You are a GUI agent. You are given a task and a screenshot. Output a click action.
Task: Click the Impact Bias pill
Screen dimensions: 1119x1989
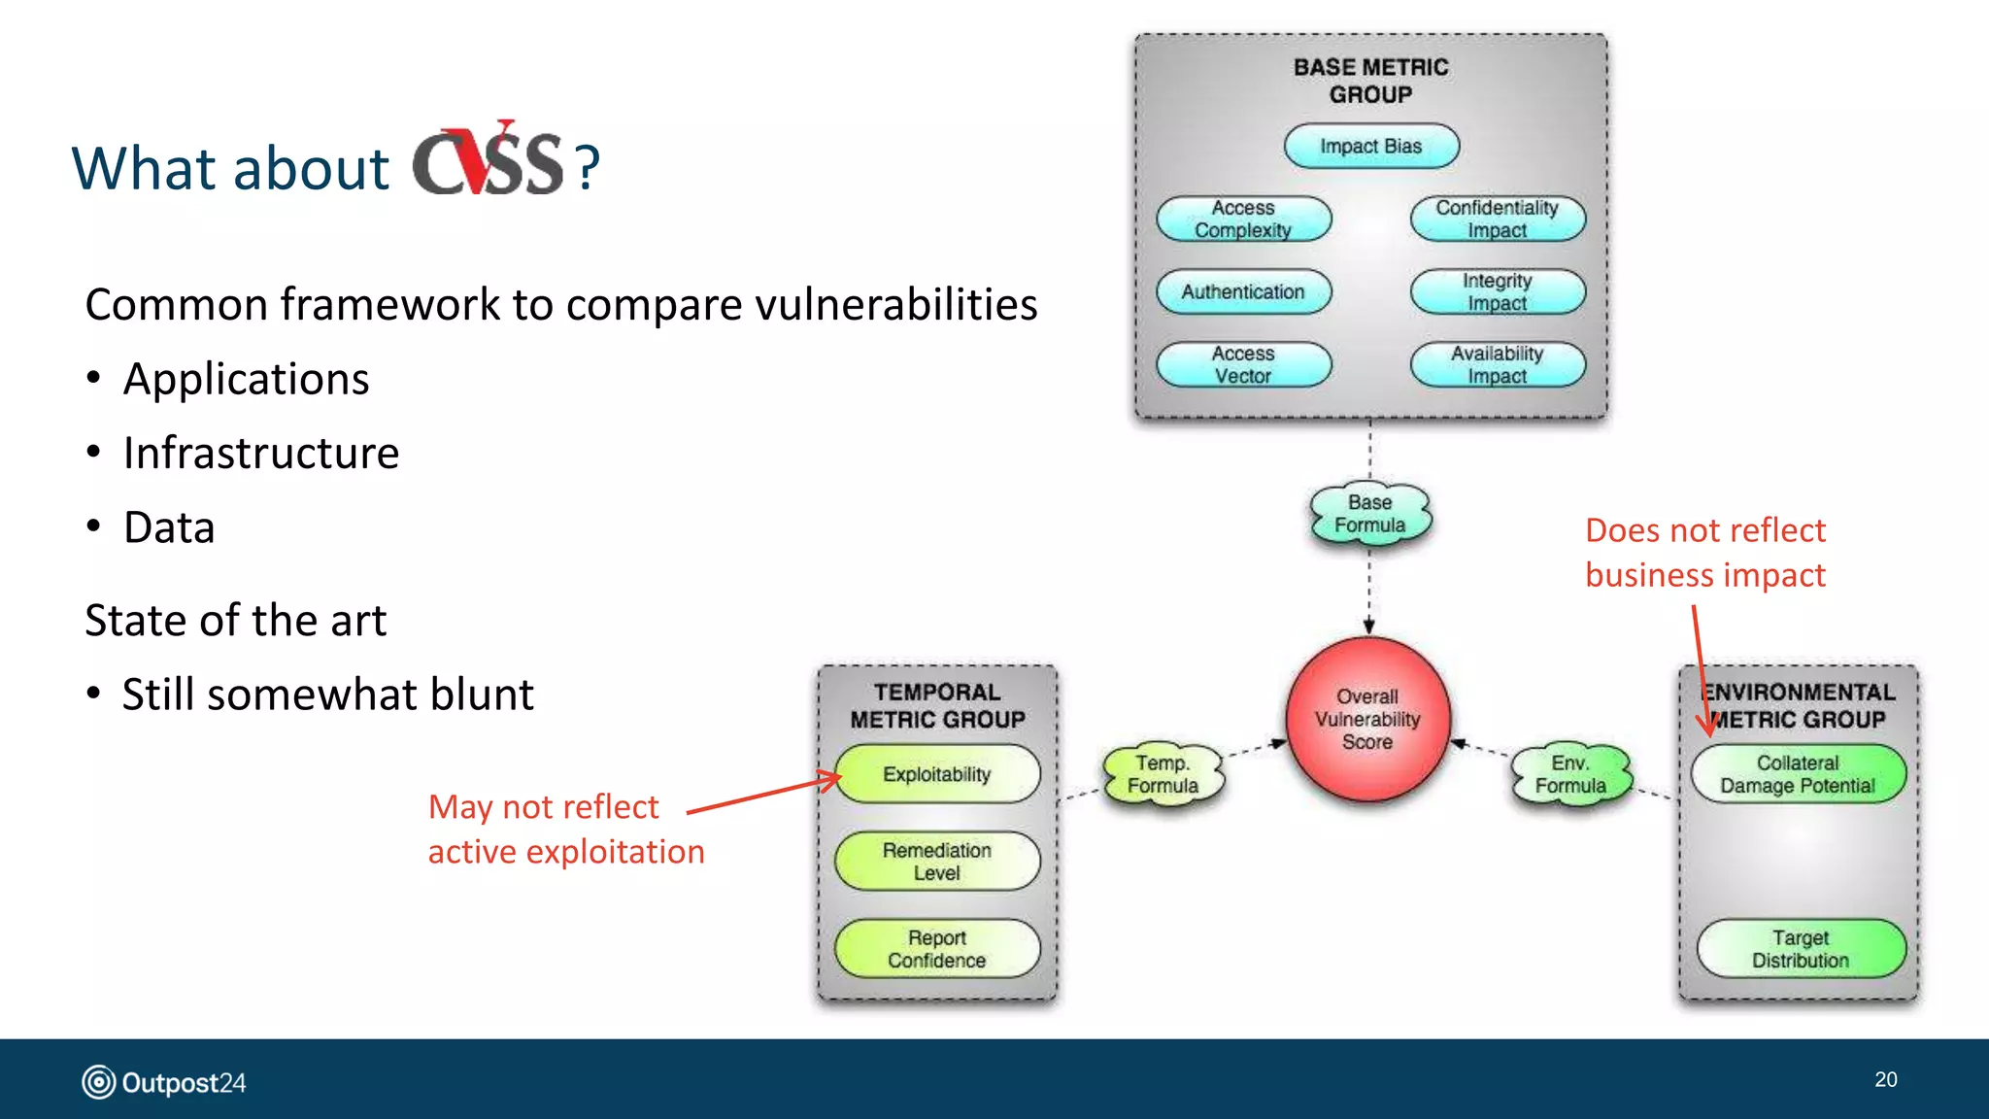pyautogui.click(x=1370, y=147)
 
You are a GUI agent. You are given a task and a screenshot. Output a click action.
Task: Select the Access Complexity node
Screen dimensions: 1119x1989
pyautogui.click(x=1243, y=220)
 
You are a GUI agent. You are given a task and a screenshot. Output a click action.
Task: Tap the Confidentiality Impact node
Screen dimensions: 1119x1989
pyautogui.click(x=1497, y=220)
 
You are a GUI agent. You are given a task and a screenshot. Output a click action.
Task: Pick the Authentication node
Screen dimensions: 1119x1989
pyautogui.click(x=1243, y=292)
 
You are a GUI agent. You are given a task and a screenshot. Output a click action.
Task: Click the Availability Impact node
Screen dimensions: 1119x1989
pyautogui.click(x=1497, y=365)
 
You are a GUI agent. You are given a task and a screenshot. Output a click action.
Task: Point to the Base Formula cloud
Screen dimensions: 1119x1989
pyautogui.click(x=1369, y=515)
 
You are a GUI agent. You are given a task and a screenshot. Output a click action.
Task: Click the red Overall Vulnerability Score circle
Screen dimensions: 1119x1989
pyautogui.click(x=1367, y=720)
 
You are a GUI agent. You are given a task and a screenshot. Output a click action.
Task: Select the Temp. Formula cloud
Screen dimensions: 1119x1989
pyautogui.click(x=1163, y=775)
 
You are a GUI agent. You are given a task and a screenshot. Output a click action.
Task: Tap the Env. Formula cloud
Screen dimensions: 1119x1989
pyautogui.click(x=1570, y=775)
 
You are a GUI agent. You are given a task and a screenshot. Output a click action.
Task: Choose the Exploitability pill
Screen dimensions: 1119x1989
pyautogui.click(x=937, y=775)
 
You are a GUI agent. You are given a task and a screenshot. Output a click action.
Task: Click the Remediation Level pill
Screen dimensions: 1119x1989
pyautogui.click(x=937, y=862)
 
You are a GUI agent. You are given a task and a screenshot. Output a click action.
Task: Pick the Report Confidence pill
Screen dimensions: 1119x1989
pyautogui.click(x=937, y=949)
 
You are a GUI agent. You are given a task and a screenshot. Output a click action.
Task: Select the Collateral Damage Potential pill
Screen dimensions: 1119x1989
pyautogui.click(x=1798, y=775)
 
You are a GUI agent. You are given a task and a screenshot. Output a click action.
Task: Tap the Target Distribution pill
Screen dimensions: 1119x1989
pyautogui.click(x=1801, y=949)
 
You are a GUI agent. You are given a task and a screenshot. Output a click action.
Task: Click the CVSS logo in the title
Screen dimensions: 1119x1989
pyautogui.click(x=488, y=161)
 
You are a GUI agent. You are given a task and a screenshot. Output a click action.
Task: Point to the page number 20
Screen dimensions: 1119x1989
pyautogui.click(x=1885, y=1080)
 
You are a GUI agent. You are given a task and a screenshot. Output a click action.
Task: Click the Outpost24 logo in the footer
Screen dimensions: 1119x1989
pyautogui.click(x=164, y=1082)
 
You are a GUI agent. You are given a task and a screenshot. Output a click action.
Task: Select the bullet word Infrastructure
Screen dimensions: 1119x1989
pyautogui.click(x=260, y=454)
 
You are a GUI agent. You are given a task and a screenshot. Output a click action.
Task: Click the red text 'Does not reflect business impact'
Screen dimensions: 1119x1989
pyautogui.click(x=1705, y=553)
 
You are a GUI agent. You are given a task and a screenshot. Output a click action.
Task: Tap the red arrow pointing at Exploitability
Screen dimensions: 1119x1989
pyautogui.click(x=762, y=796)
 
